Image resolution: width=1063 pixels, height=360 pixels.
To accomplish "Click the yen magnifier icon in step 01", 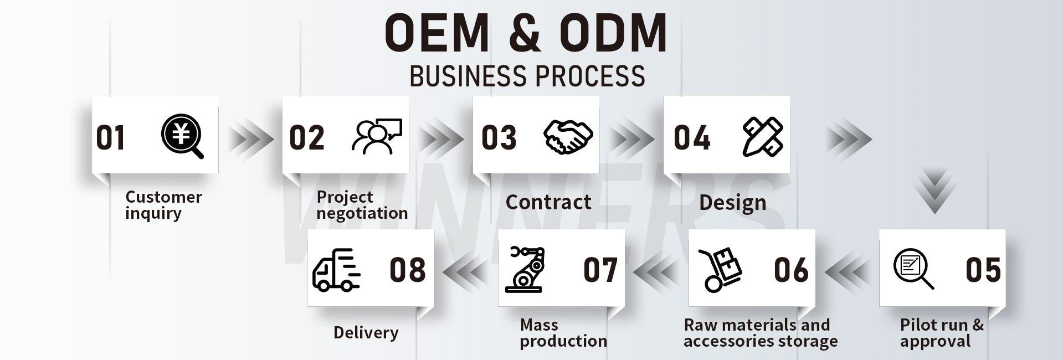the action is (x=182, y=136).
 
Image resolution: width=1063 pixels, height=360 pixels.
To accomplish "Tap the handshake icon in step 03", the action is (x=568, y=136).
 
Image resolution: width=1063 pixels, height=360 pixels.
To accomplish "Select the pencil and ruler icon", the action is (x=763, y=137).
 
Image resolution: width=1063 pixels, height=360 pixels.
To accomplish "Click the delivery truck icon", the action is (x=336, y=270).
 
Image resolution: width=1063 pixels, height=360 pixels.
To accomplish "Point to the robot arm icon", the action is (x=525, y=269).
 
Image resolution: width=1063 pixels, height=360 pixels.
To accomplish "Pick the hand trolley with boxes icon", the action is (x=720, y=269).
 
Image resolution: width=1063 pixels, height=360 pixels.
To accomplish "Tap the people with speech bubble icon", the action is (x=377, y=137).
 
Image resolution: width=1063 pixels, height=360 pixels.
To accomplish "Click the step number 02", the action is (x=306, y=138).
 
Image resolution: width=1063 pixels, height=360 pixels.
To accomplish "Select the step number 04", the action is (x=692, y=138).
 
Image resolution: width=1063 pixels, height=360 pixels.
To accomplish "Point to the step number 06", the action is (x=791, y=270).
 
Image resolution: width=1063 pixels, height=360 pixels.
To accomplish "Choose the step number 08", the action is (x=408, y=270).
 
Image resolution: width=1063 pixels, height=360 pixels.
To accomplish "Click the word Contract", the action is (x=548, y=202).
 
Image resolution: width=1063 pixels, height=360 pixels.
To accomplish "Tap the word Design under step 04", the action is (x=732, y=203).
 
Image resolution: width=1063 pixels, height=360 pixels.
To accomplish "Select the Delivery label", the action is (x=366, y=332).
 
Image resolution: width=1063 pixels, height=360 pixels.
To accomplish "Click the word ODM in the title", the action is (x=613, y=33).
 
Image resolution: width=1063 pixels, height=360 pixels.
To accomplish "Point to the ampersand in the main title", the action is (x=524, y=33).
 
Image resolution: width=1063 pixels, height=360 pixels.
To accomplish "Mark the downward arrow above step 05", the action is (x=935, y=192).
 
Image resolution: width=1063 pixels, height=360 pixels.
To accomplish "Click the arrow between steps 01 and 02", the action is (x=250, y=138).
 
